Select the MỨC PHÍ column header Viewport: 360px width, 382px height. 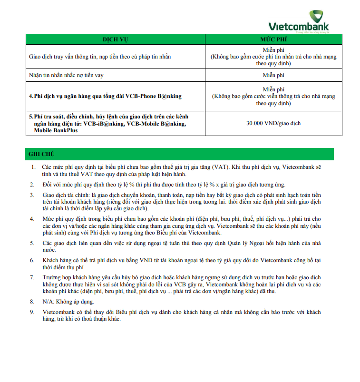coord(273,39)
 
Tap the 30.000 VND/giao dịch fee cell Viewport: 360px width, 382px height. coord(273,123)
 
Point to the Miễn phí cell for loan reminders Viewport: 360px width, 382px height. coord(273,75)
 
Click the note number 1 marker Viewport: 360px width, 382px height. coord(33,167)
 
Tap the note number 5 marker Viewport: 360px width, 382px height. coord(33,243)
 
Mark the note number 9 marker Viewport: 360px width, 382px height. coord(33,312)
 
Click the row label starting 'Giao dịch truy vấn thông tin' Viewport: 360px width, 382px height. coord(100,57)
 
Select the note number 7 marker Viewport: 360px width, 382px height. coord(33,277)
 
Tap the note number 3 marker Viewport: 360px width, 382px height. coord(33,195)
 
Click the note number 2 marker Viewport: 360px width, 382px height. coord(33,184)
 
